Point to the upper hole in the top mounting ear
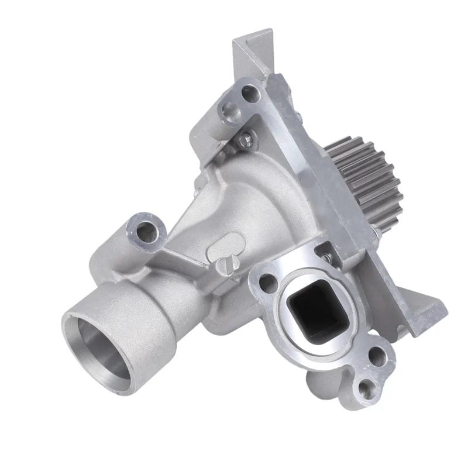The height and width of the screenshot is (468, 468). point(252,92)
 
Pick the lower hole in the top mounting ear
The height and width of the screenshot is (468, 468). point(229,109)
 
